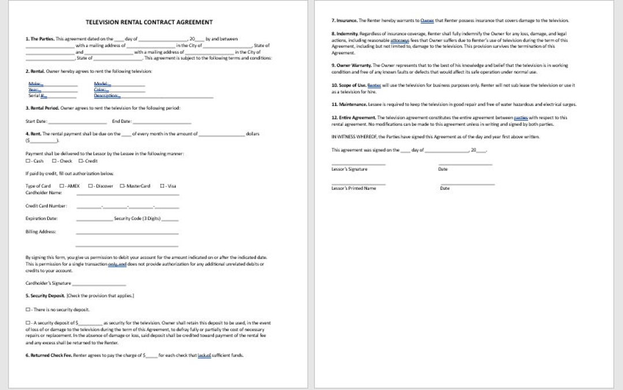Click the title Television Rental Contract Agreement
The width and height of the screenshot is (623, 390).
pos(149,22)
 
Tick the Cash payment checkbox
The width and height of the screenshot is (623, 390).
pos(28,161)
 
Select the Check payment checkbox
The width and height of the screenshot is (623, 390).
pos(54,161)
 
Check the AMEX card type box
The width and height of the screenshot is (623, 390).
pos(62,186)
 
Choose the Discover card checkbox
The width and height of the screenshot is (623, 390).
pos(91,186)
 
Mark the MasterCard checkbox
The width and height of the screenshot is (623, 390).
pos(122,186)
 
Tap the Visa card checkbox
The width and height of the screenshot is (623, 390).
pos(162,186)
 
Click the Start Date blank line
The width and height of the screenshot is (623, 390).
pos(77,122)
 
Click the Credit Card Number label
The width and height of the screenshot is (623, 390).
pos(46,205)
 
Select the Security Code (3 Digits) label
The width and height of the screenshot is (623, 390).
pos(137,219)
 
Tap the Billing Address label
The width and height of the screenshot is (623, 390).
pos(40,231)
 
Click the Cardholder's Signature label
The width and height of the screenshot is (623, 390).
pos(48,283)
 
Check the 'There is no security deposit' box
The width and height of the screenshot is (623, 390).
pos(28,310)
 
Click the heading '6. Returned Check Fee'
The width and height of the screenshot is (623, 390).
pos(49,355)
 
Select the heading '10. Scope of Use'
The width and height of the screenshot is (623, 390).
pos(348,85)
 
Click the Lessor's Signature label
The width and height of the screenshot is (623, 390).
pos(349,169)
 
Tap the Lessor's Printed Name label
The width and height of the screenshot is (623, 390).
pos(353,188)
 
